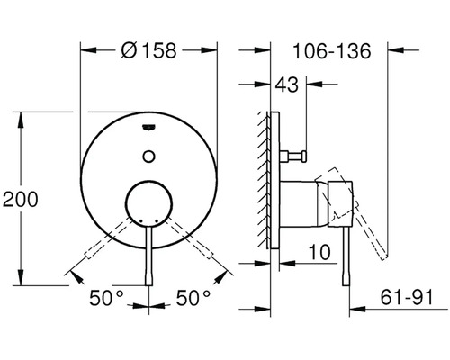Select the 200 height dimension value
click(x=21, y=200)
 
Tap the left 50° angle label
click(x=107, y=296)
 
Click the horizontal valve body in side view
click(x=310, y=203)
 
